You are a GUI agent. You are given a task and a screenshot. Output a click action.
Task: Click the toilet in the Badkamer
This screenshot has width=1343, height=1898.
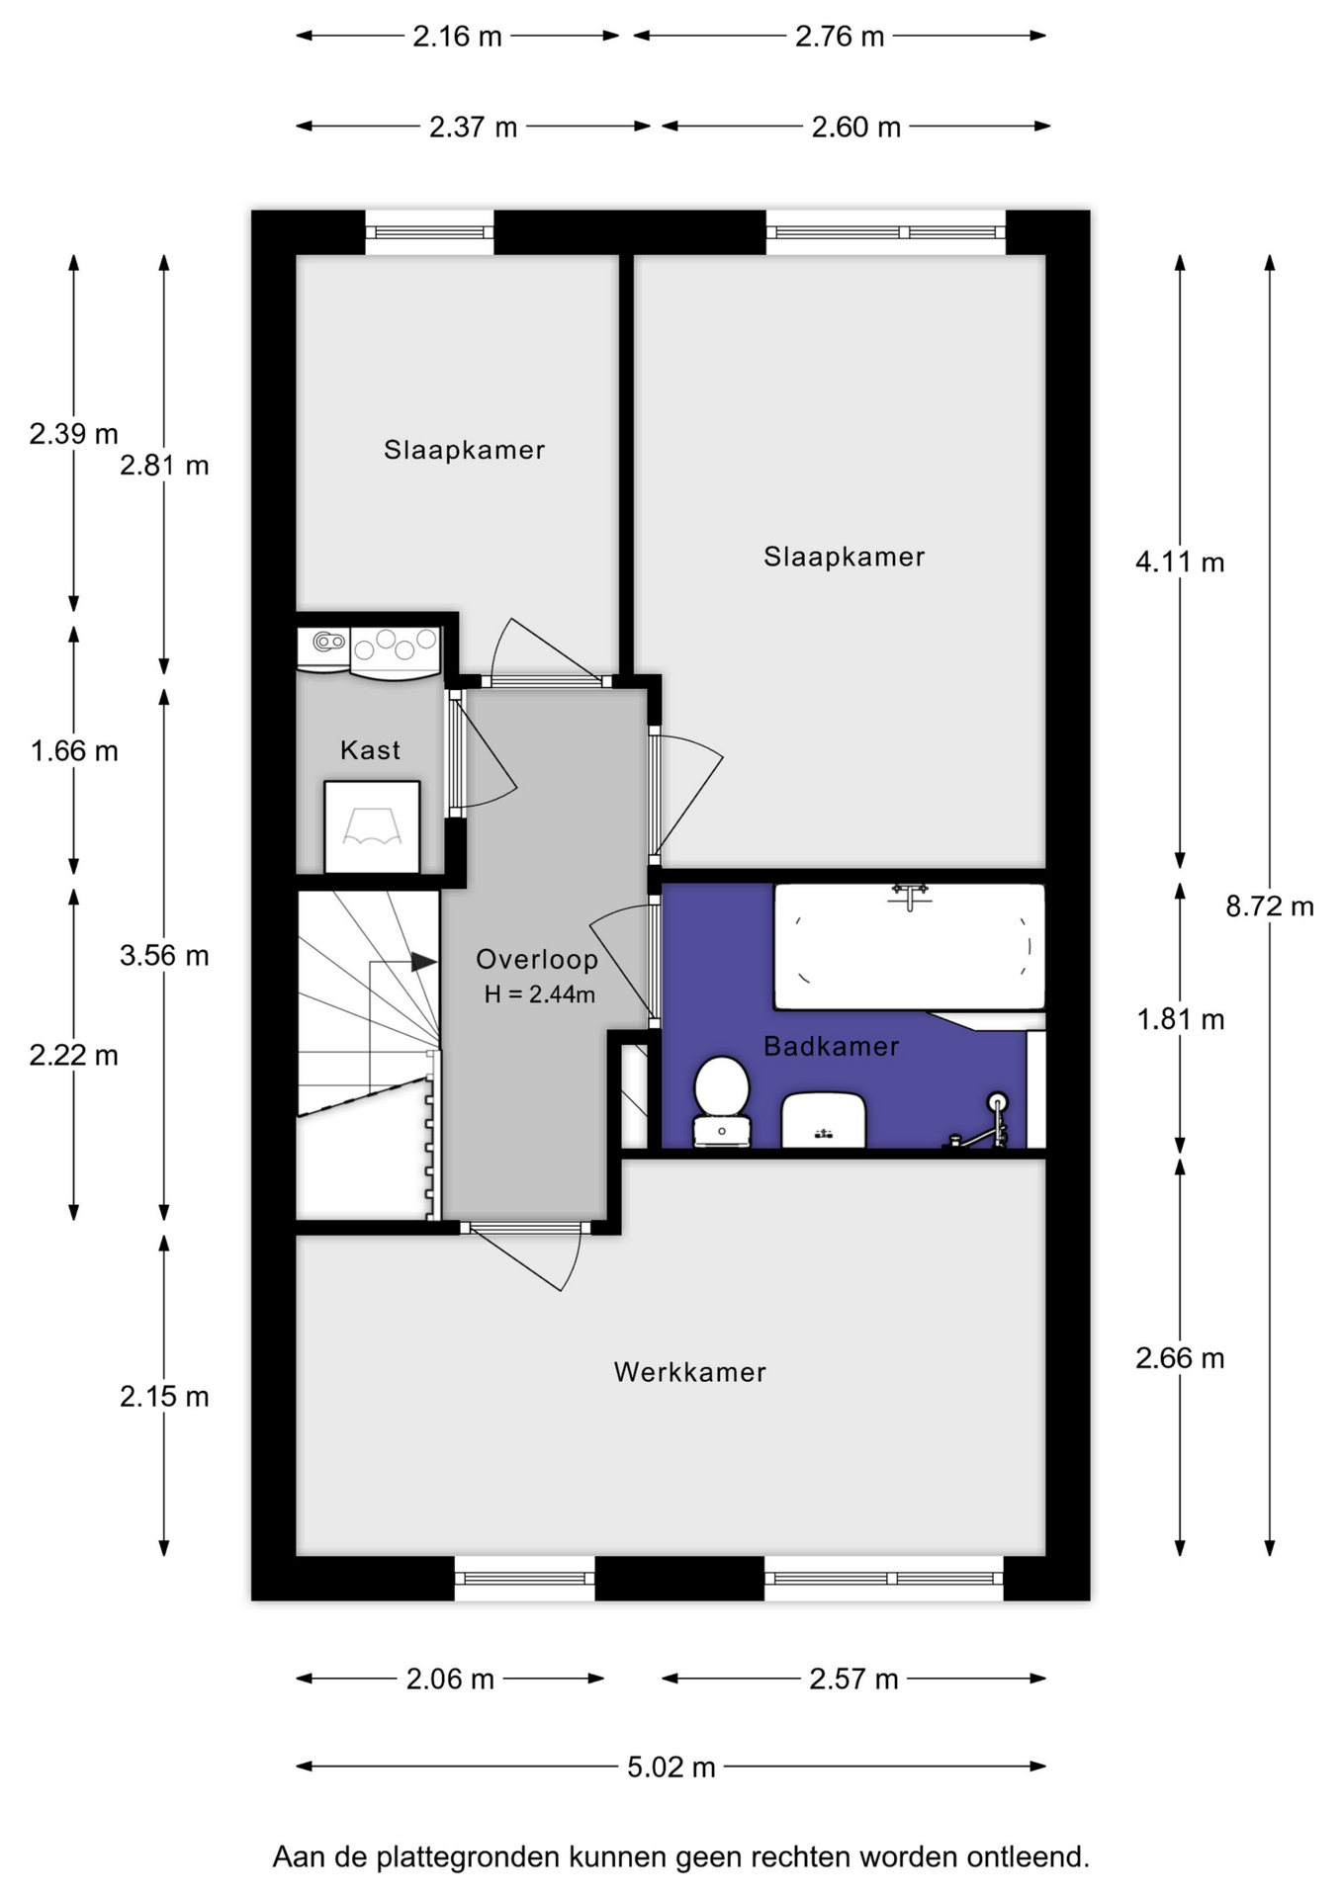click(722, 1101)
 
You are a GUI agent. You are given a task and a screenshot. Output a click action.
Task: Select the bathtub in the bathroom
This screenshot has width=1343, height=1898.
click(909, 947)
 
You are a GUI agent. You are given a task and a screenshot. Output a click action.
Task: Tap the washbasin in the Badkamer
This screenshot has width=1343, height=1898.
click(824, 1120)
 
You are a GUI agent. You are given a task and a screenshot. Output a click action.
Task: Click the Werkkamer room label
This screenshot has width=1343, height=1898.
click(689, 1372)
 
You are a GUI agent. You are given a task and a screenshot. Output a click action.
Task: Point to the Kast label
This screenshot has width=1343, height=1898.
click(370, 750)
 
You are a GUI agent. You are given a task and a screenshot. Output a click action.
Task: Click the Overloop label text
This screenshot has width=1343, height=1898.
click(537, 959)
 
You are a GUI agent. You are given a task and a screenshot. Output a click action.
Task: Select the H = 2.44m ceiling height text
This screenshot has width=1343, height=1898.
click(540, 994)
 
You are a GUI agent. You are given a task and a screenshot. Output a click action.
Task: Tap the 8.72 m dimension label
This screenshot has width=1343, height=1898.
click(1270, 906)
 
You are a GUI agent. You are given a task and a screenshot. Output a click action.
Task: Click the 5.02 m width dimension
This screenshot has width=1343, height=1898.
click(671, 1767)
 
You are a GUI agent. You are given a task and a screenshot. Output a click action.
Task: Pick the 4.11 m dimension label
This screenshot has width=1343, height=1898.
click(1180, 562)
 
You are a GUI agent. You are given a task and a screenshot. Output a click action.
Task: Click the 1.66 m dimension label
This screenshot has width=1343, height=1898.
click(74, 751)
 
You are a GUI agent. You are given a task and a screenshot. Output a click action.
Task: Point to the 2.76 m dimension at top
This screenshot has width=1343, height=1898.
click(840, 37)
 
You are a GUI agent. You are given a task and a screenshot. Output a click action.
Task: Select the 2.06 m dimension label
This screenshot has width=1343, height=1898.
click(450, 1679)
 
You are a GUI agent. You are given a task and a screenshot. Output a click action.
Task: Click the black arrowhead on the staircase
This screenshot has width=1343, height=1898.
click(424, 962)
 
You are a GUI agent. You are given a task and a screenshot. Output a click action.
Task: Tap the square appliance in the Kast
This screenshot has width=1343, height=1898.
click(372, 827)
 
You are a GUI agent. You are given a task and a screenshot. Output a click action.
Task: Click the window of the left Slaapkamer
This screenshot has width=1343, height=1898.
click(429, 233)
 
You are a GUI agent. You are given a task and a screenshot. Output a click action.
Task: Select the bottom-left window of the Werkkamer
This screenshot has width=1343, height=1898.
click(525, 1578)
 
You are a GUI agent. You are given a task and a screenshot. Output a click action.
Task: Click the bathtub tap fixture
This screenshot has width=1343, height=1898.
click(911, 895)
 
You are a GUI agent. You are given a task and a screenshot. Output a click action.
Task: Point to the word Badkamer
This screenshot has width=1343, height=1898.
click(831, 1046)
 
